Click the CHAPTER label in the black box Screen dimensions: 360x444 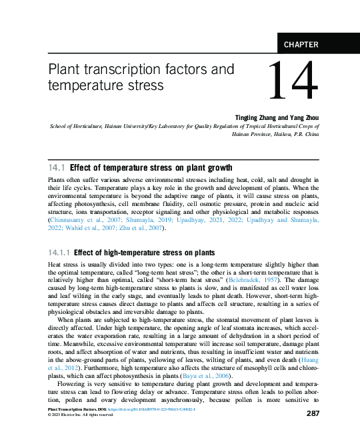click(x=301, y=45)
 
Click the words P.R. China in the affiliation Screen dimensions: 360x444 click(x=304, y=133)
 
